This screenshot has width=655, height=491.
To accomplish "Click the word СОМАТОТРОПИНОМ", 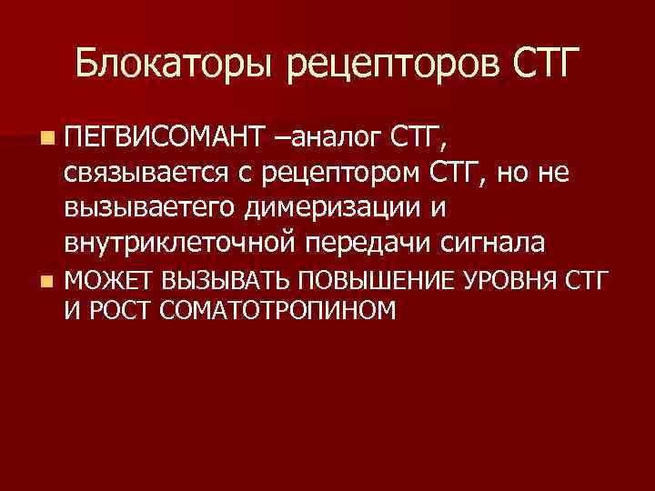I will pyautogui.click(x=277, y=312).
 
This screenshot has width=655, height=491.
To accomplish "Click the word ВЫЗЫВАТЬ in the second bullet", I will pyautogui.click(x=217, y=280).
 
